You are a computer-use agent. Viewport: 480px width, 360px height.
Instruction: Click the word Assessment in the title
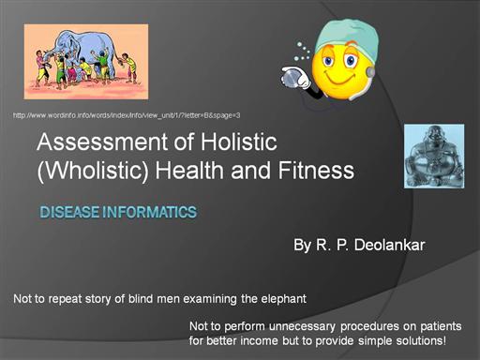(x=102, y=142)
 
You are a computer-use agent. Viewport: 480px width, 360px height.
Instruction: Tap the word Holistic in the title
(x=238, y=142)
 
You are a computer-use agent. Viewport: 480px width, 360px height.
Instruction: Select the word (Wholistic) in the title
(x=93, y=171)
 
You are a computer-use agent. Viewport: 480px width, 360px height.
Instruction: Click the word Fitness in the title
(x=316, y=171)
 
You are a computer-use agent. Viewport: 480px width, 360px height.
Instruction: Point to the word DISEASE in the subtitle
(x=69, y=212)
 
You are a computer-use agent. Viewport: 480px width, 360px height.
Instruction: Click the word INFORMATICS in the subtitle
(x=149, y=212)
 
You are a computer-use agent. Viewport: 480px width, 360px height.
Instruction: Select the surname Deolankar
(x=389, y=245)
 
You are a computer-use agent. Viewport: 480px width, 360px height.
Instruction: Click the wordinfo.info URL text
(x=127, y=115)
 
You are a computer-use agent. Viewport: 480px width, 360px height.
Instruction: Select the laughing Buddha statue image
(x=434, y=157)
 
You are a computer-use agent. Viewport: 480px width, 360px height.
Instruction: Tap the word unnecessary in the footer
(x=302, y=326)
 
